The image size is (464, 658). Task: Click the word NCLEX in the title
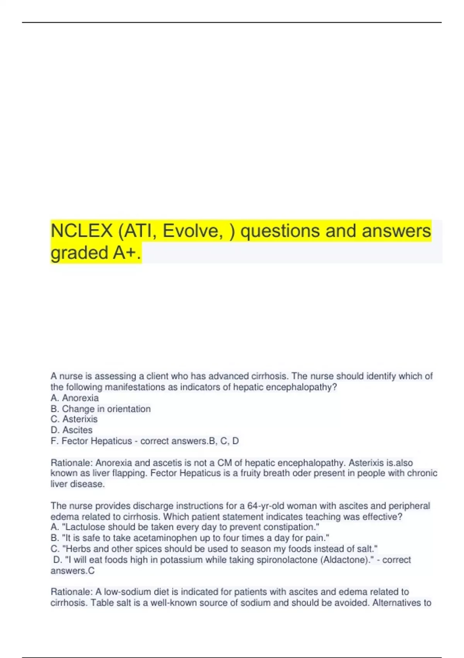(x=82, y=231)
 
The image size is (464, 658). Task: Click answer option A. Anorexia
(x=75, y=398)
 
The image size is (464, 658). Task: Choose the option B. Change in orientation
(x=101, y=409)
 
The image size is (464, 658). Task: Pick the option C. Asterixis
(x=74, y=419)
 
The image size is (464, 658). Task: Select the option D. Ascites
(x=72, y=430)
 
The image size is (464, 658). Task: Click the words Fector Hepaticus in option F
(x=97, y=441)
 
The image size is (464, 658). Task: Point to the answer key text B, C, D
(x=224, y=441)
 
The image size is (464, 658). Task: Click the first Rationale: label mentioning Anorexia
(x=72, y=463)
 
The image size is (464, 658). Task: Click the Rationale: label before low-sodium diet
(x=72, y=592)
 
